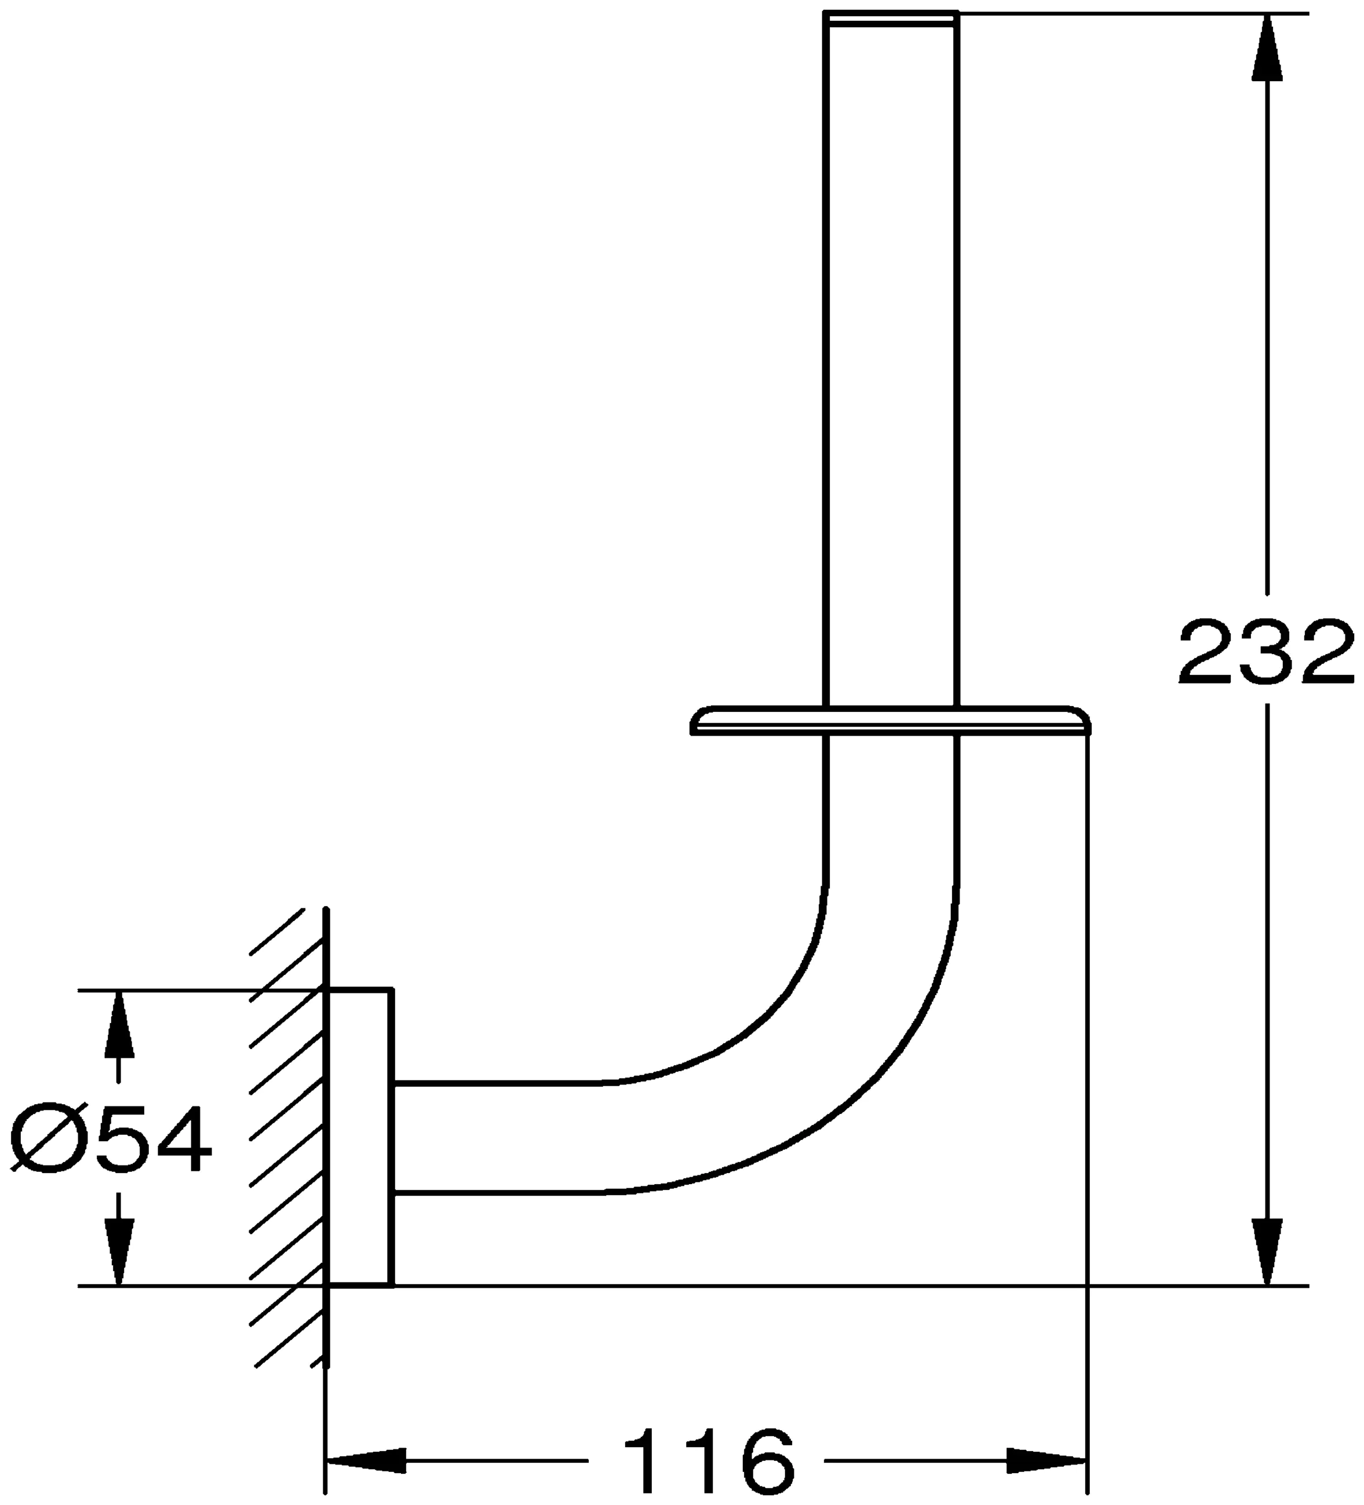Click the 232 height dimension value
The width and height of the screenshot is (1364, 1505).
point(1265,652)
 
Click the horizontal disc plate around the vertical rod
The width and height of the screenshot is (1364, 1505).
point(888,719)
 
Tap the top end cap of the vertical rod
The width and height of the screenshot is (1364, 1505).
point(890,19)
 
